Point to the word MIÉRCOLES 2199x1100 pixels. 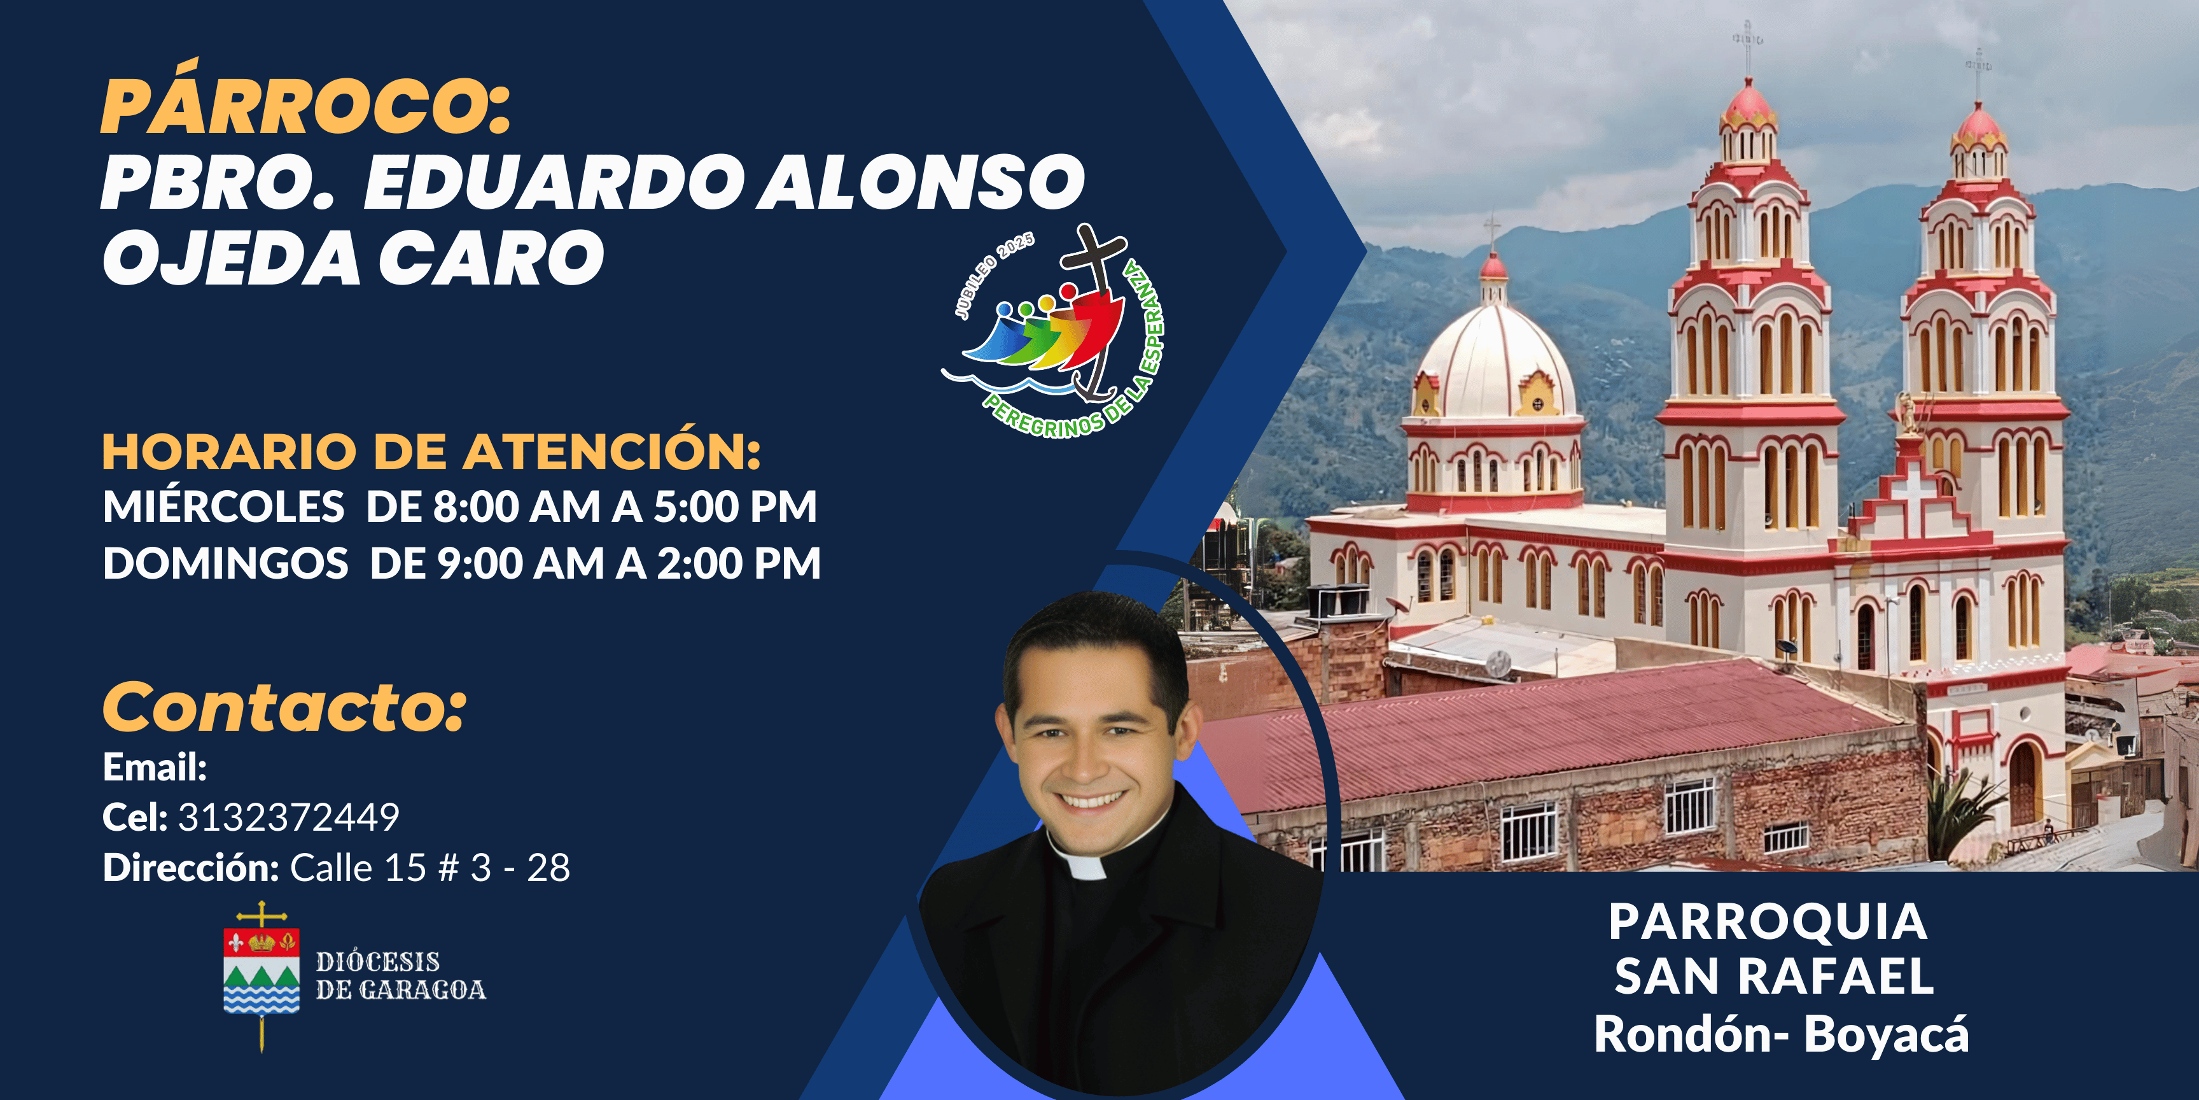224,507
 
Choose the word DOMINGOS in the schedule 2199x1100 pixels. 225,563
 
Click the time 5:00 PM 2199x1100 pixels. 735,507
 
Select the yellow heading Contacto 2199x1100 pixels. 284,707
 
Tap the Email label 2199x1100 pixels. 155,767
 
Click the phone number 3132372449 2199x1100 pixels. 288,817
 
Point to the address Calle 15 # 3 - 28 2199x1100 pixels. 430,868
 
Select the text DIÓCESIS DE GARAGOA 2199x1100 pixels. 400,975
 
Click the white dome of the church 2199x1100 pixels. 1495,363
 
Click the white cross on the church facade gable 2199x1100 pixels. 1915,495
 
